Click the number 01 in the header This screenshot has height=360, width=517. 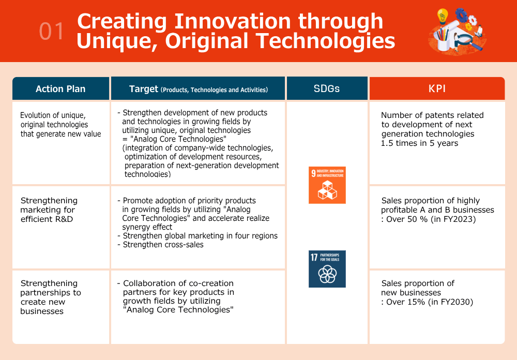51,32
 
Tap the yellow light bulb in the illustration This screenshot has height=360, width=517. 442,17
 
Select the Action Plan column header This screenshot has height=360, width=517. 60,88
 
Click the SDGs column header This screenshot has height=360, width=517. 327,88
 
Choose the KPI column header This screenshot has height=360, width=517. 437,88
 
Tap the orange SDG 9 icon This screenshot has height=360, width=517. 327,185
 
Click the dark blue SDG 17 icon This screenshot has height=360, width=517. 327,269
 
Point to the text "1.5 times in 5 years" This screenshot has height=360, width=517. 419,143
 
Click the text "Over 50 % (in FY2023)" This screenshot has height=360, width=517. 431,219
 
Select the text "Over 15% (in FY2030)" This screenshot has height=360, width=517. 430,302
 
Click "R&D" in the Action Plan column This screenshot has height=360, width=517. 63,219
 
